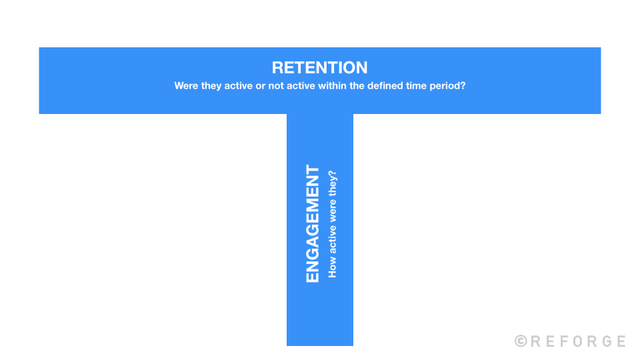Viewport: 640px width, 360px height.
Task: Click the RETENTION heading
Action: (x=320, y=67)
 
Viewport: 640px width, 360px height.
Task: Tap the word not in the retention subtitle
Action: (x=276, y=86)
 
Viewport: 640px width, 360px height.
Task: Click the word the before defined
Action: (x=358, y=86)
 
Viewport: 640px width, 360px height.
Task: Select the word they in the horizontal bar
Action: (x=214, y=86)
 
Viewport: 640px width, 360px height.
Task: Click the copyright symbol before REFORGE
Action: (x=521, y=341)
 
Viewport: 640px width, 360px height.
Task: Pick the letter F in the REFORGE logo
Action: (x=563, y=341)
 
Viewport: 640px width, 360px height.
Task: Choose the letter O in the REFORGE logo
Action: (x=577, y=341)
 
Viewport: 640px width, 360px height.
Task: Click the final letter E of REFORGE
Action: (x=621, y=341)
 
